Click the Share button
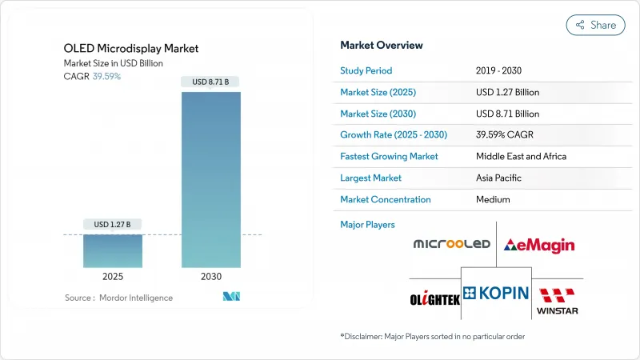[x=596, y=25]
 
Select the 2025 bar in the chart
[x=113, y=251]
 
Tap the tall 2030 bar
[x=211, y=180]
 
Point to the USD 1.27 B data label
[x=113, y=224]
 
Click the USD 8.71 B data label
[x=211, y=82]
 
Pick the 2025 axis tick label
[x=113, y=276]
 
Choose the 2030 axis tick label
[x=211, y=276]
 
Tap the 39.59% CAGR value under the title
[x=106, y=77]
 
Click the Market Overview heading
[x=382, y=45]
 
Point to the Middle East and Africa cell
[x=521, y=156]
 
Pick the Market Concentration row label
[x=386, y=199]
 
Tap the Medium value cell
[x=492, y=199]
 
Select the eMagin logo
[x=539, y=244]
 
